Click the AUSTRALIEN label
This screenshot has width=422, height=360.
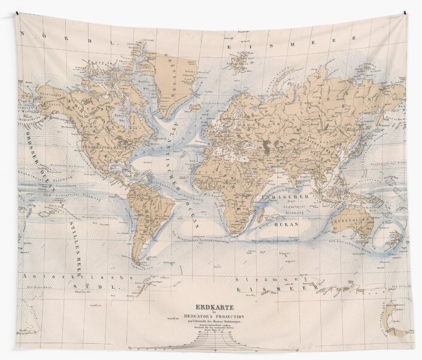pos(351,220)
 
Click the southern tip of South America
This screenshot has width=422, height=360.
pos(141,264)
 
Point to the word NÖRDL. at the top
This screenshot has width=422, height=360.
pos(60,42)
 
